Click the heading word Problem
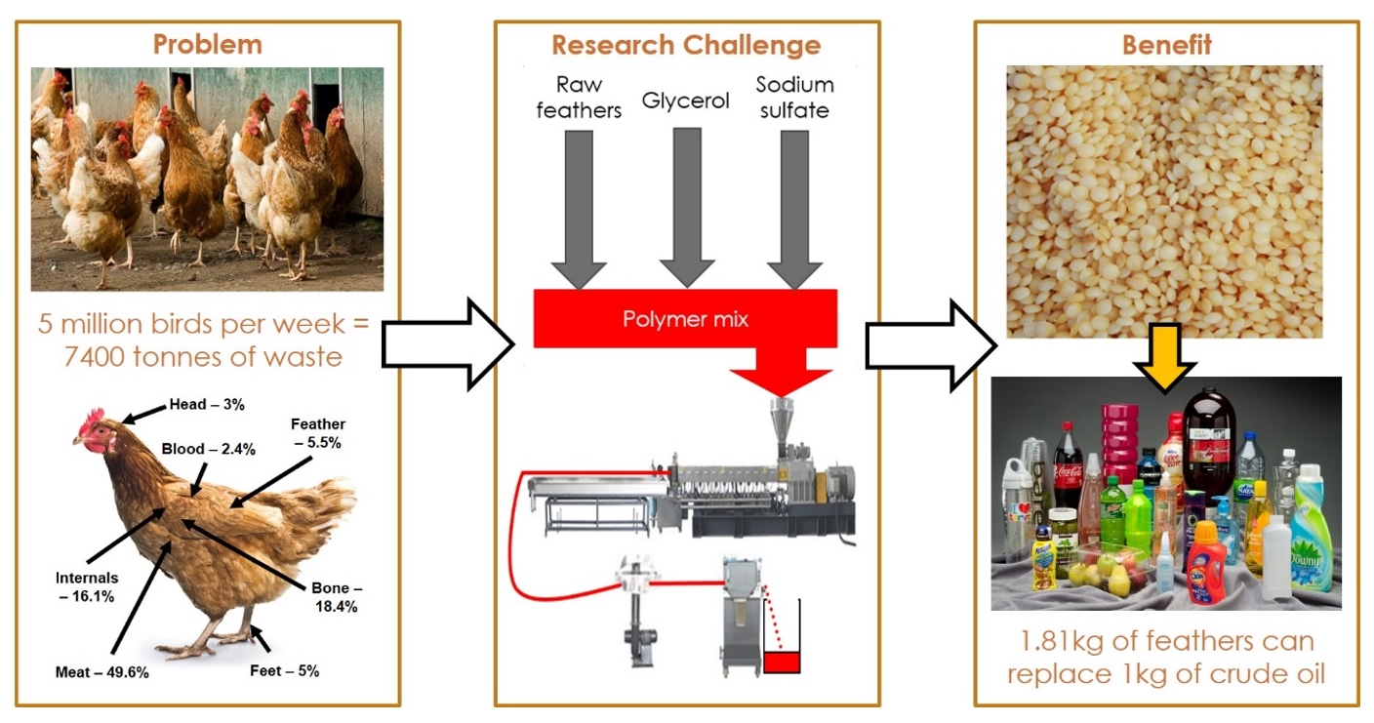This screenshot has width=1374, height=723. pos(207,44)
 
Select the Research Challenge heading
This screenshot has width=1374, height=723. pos(686,45)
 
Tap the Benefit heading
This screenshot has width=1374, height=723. pos(1166,45)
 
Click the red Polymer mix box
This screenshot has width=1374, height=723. pos(685,319)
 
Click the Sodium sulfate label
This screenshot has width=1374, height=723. pos(794,98)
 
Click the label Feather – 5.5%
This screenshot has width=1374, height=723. pos(317,432)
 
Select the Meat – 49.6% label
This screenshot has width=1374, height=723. pos(101,672)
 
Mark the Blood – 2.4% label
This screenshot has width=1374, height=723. pos(209,449)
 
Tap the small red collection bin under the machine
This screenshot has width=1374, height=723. pos(781,662)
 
